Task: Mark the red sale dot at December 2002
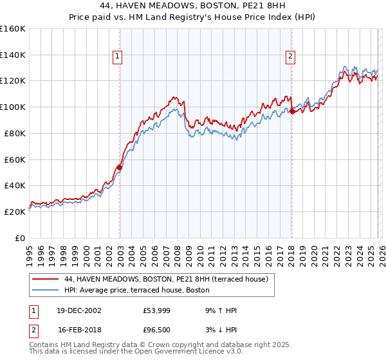point(119,167)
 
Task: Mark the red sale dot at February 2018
point(291,111)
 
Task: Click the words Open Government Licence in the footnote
point(170,352)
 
